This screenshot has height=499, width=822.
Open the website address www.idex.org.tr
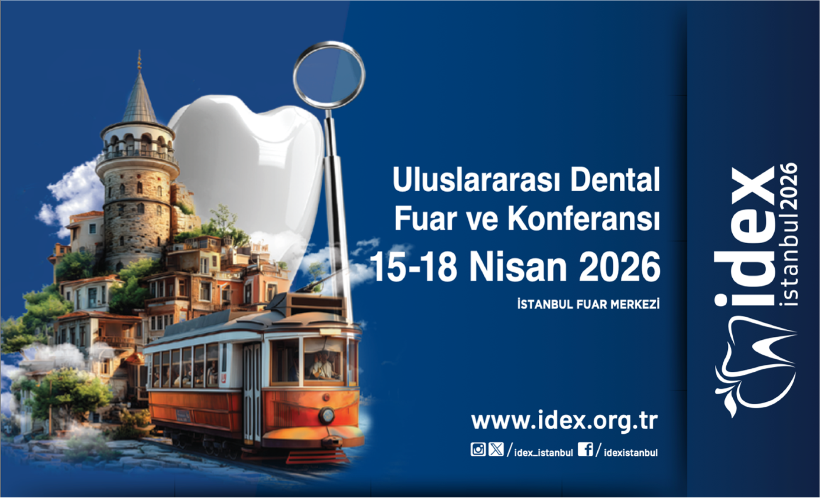pyautogui.click(x=564, y=421)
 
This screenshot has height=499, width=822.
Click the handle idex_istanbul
pyautogui.click(x=543, y=453)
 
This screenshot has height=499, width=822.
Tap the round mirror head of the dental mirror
pyautogui.click(x=329, y=75)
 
